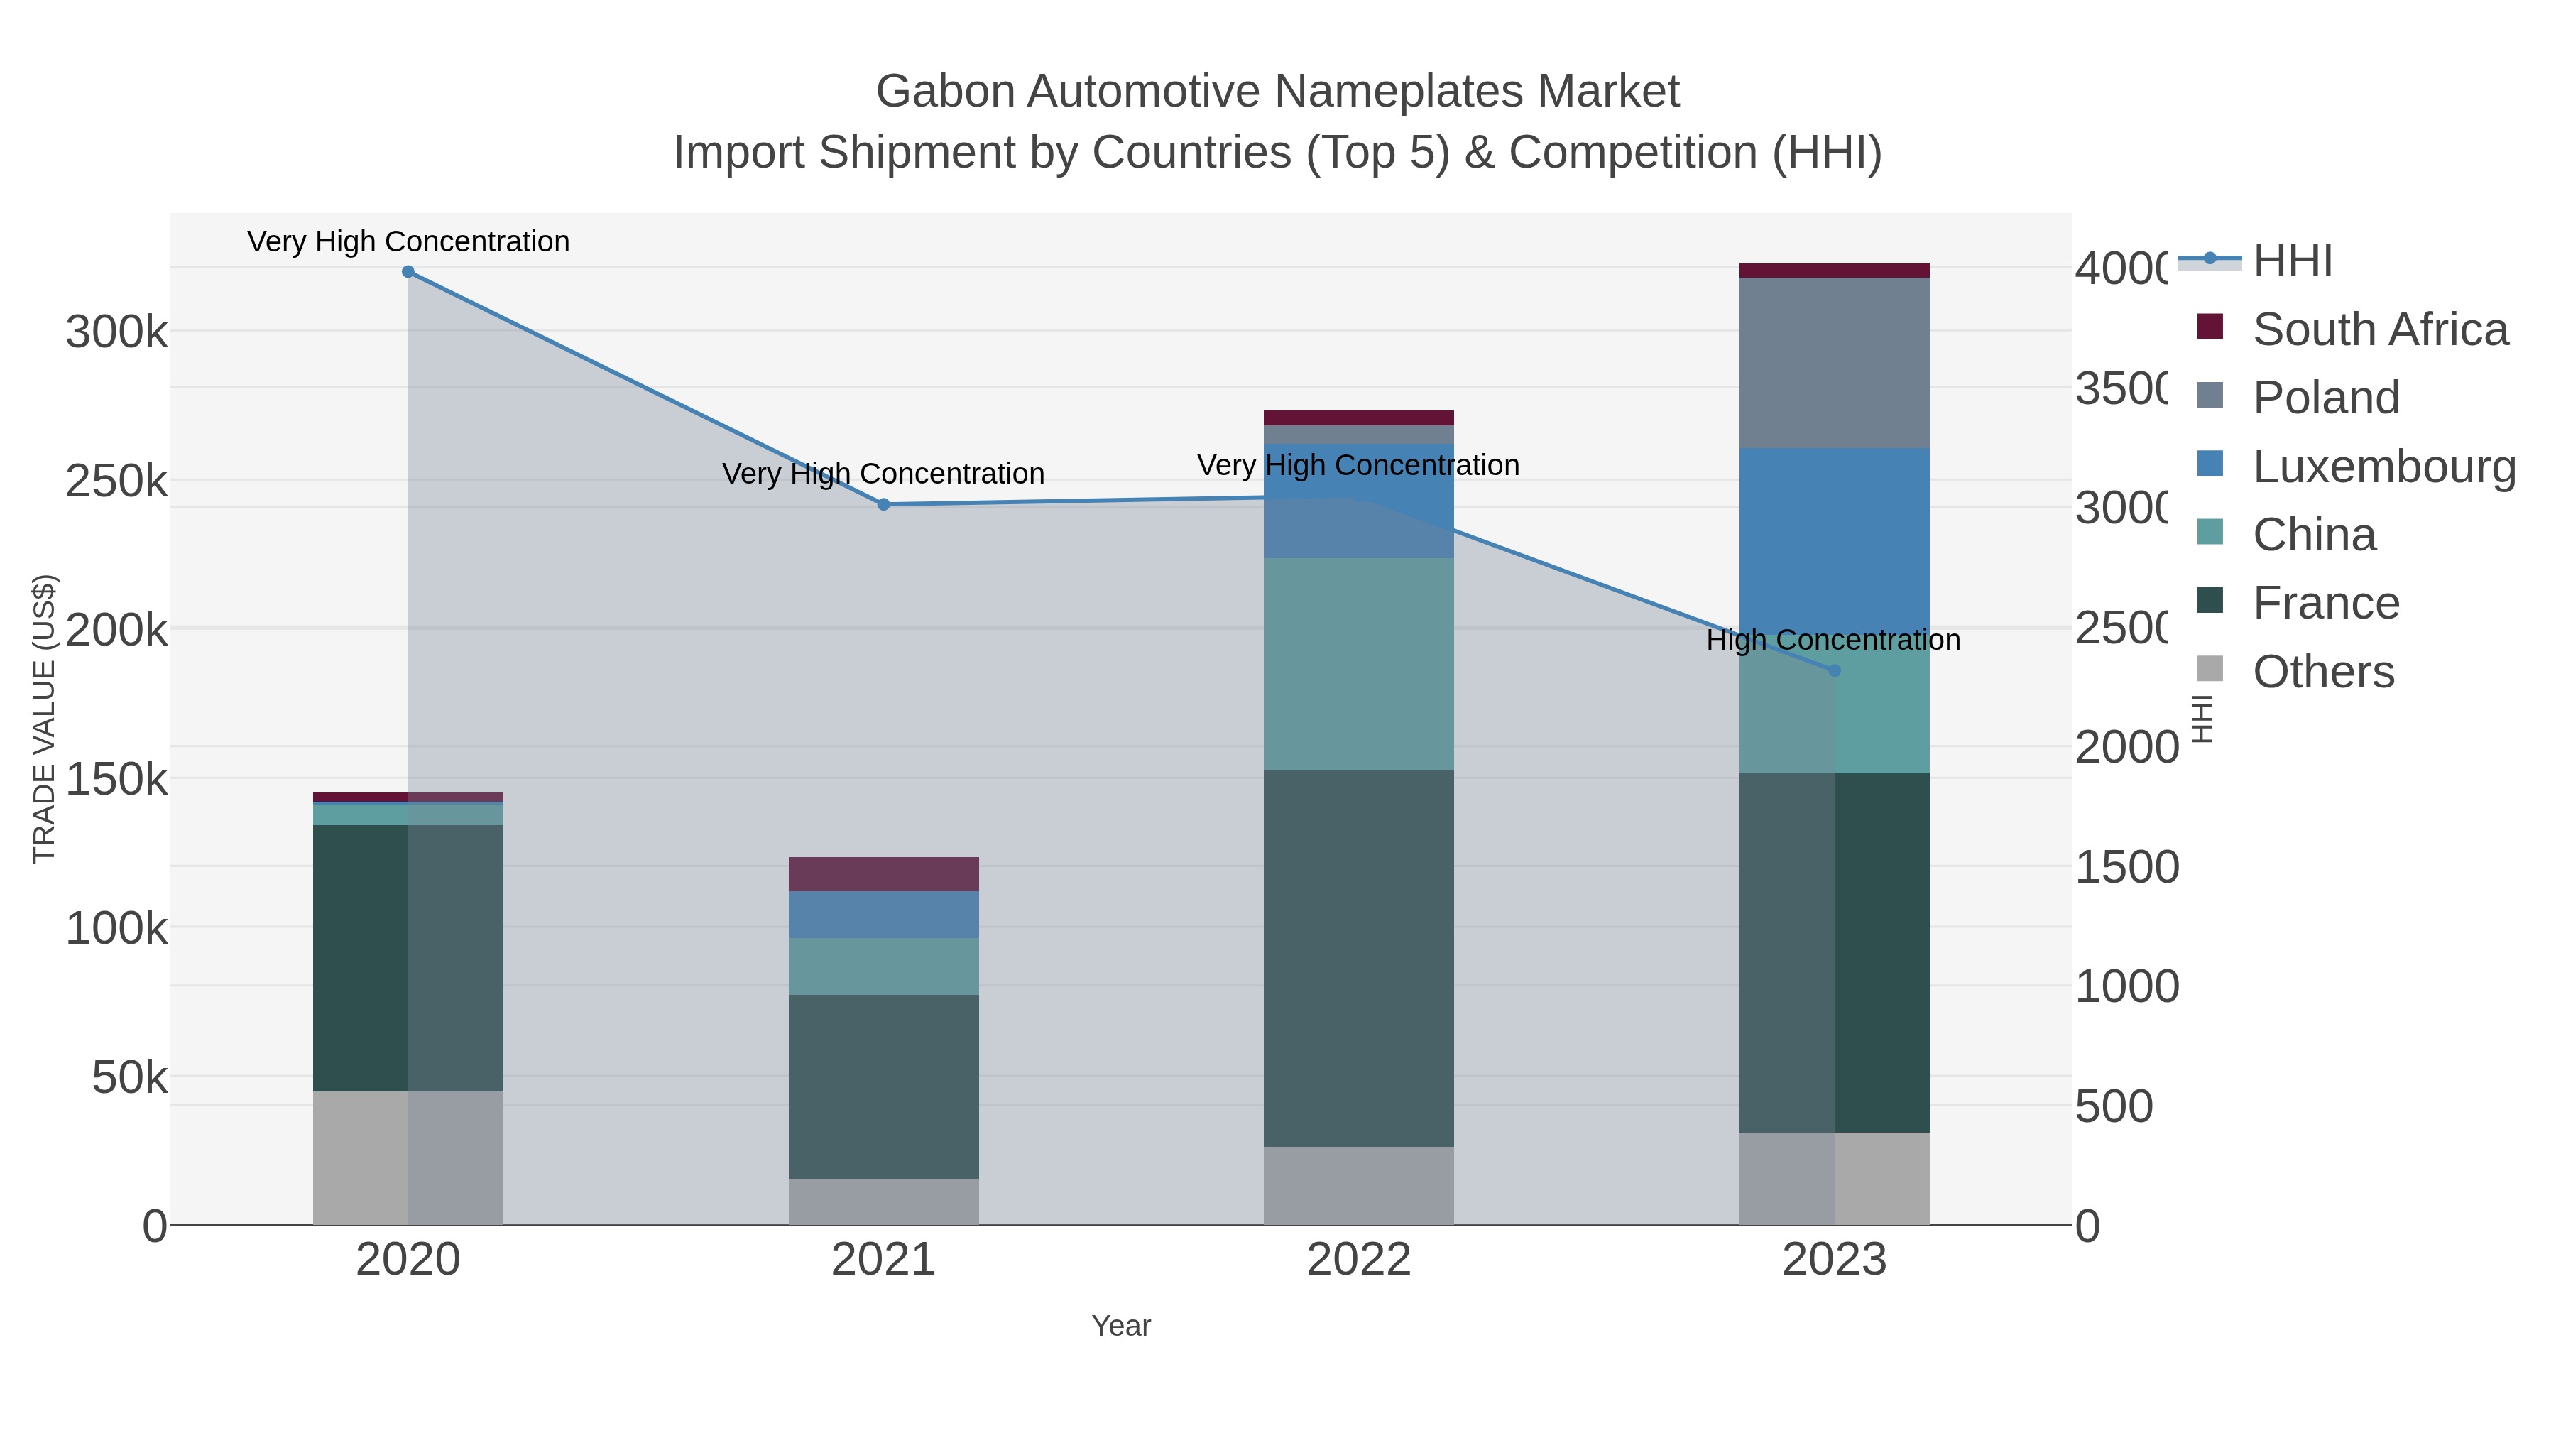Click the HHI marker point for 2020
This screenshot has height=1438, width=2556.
coord(408,272)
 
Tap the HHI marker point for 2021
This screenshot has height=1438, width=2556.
coord(883,504)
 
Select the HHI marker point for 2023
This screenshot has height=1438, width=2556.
coord(1834,671)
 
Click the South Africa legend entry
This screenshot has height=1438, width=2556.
coord(2379,329)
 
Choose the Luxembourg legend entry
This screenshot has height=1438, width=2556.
coord(2383,467)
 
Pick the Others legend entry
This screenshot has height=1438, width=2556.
coord(2323,672)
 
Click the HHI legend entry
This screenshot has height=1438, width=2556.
coord(2292,261)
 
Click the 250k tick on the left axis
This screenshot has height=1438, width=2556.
coord(116,481)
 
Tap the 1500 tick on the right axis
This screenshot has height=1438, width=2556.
coord(2126,867)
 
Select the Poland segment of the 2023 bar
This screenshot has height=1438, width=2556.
coord(1834,362)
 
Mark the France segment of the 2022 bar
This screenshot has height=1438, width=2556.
coord(1358,958)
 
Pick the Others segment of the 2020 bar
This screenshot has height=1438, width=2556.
coord(408,1158)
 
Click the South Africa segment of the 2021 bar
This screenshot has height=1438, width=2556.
coord(883,873)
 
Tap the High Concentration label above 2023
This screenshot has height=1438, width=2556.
coord(1833,640)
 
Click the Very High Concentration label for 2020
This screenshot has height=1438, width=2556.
coord(408,241)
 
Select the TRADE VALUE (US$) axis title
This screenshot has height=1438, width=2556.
coord(45,719)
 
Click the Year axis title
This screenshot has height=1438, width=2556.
coord(1120,1326)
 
